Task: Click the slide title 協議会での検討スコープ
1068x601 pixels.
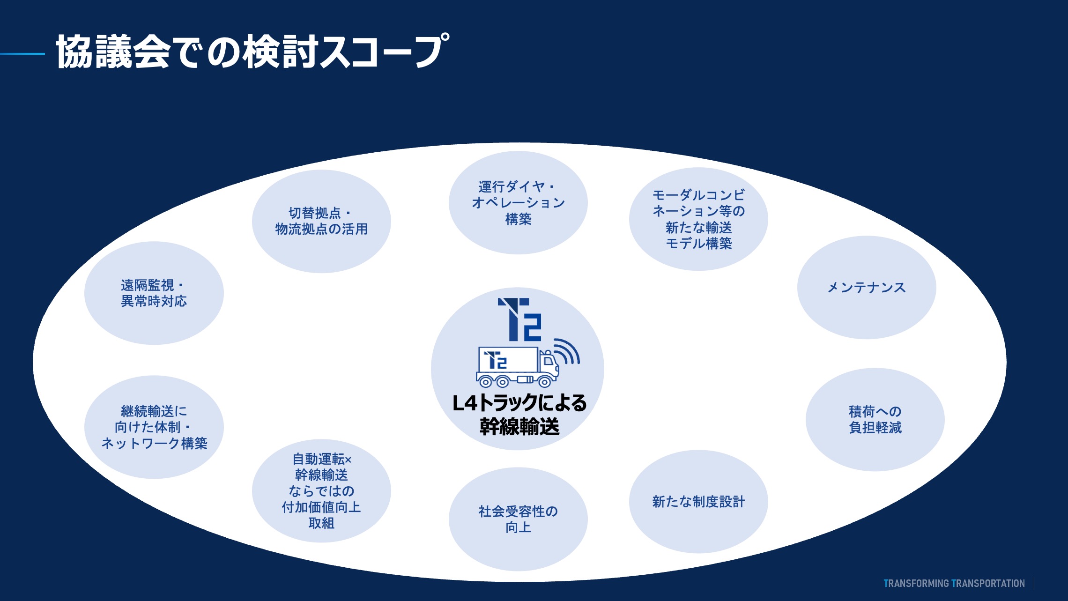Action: [252, 52]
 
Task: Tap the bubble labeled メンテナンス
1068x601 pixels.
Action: [866, 287]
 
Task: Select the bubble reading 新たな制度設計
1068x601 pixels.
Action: [698, 502]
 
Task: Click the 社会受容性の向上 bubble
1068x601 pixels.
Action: [518, 519]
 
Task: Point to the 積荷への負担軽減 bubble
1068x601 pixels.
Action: [875, 419]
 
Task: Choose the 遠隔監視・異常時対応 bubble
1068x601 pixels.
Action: [154, 293]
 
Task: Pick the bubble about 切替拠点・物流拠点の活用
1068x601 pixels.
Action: [321, 221]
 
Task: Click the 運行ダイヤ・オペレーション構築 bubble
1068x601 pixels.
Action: [518, 202]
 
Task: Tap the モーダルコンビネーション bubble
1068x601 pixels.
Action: [698, 219]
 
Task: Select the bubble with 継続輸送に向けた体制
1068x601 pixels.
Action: [154, 427]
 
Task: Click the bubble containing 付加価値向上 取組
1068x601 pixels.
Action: [321, 491]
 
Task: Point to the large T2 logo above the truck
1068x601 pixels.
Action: [520, 319]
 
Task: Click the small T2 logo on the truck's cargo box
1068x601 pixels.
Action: [496, 360]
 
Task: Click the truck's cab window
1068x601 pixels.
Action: [548, 361]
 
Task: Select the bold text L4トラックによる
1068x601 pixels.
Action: [519, 403]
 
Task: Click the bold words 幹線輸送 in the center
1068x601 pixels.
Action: [519, 426]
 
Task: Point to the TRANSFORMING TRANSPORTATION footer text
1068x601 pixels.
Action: [954, 583]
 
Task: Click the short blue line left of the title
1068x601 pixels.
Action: [22, 54]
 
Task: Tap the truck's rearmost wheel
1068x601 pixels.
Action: [485, 382]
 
